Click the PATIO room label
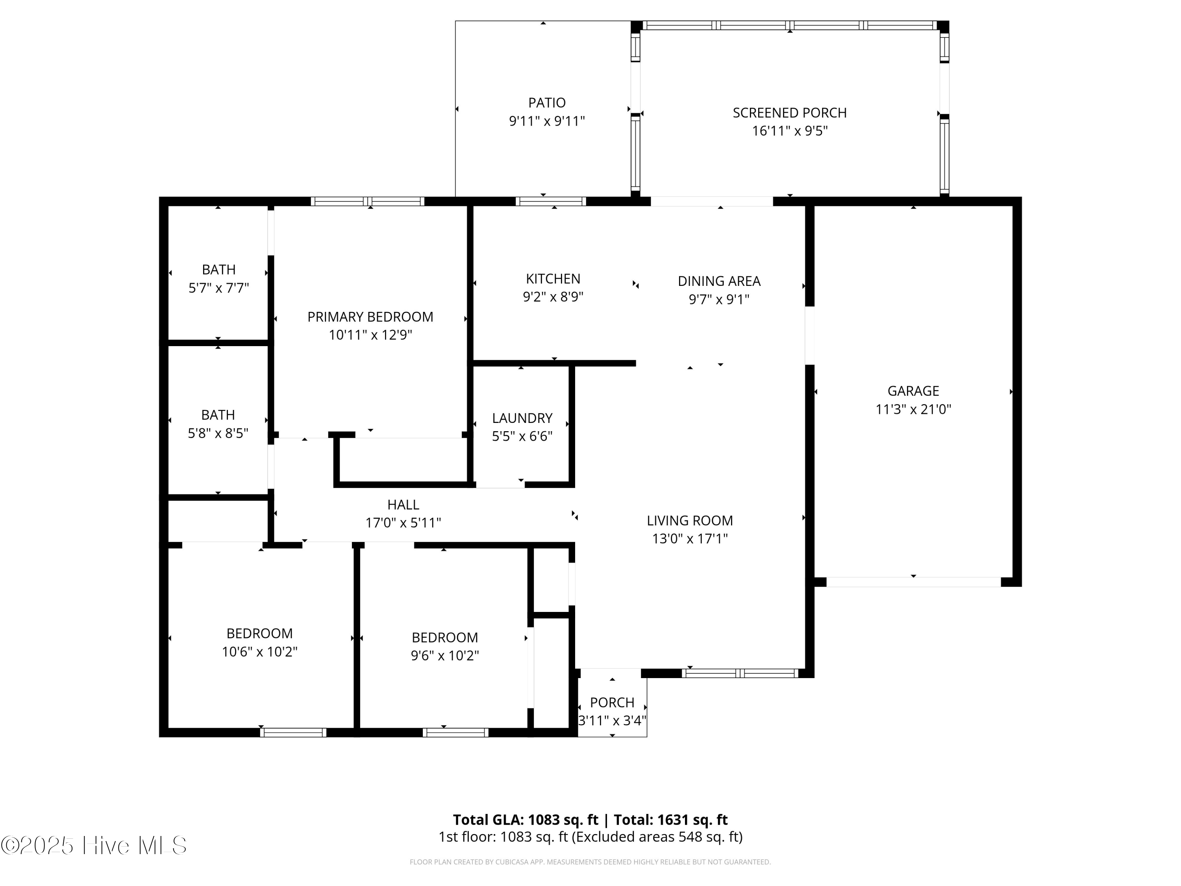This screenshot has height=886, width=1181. pyautogui.click(x=547, y=102)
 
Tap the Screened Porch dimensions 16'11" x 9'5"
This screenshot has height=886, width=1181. pyautogui.click(x=790, y=131)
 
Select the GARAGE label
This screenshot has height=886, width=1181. pyautogui.click(x=913, y=391)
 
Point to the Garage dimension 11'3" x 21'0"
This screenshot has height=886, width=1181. pyautogui.click(x=913, y=410)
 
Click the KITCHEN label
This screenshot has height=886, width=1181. pyautogui.click(x=553, y=279)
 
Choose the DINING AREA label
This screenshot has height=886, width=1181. pyautogui.click(x=718, y=281)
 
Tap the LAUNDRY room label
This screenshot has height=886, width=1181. pyautogui.click(x=522, y=418)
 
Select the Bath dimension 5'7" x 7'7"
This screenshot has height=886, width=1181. pyautogui.click(x=218, y=288)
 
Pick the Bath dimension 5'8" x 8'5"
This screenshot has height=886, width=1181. pyautogui.click(x=218, y=433)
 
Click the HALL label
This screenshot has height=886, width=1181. pyautogui.click(x=403, y=505)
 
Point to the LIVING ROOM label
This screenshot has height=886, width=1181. pyautogui.click(x=689, y=520)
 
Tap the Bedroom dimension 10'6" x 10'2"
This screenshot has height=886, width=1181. pyautogui.click(x=259, y=652)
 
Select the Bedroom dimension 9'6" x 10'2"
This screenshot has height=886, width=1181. pyautogui.click(x=444, y=656)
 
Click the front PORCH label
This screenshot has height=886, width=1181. pyautogui.click(x=612, y=702)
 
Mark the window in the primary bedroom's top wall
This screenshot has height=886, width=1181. pyautogui.click(x=367, y=201)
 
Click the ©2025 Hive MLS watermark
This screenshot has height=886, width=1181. pyautogui.click(x=94, y=845)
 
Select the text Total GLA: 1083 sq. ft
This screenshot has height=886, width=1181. pyautogui.click(x=526, y=820)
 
